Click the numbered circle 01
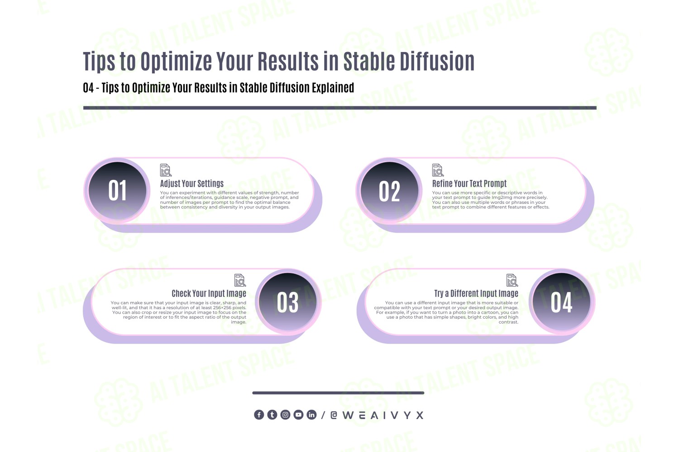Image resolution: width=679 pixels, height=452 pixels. pyautogui.click(x=117, y=191)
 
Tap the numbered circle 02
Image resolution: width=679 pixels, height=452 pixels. pyautogui.click(x=389, y=191)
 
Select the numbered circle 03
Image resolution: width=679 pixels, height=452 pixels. pyautogui.click(x=287, y=302)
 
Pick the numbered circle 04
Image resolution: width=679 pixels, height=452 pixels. pyautogui.click(x=561, y=302)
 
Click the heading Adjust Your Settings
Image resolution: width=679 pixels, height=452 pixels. pyautogui.click(x=191, y=184)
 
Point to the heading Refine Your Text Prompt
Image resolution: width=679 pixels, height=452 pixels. pyautogui.click(x=469, y=184)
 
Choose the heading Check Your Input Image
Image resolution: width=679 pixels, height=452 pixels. pyautogui.click(x=209, y=293)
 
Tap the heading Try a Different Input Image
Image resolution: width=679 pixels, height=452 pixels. pyautogui.click(x=476, y=293)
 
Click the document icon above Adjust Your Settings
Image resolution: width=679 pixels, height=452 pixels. pyautogui.click(x=166, y=170)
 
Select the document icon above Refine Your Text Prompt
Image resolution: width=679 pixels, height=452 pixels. pyautogui.click(x=438, y=170)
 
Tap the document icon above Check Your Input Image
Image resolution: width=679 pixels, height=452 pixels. pyautogui.click(x=240, y=280)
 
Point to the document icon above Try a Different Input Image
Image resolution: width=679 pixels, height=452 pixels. pyautogui.click(x=512, y=280)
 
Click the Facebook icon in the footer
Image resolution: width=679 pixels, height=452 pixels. pyautogui.click(x=259, y=415)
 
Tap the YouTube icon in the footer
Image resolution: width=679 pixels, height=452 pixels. pyautogui.click(x=298, y=415)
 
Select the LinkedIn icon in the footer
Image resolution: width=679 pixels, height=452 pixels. pyautogui.click(x=311, y=415)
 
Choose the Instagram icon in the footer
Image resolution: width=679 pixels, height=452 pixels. pyautogui.click(x=285, y=415)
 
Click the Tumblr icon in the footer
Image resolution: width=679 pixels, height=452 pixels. pyautogui.click(x=272, y=415)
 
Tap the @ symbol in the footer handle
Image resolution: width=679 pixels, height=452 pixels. pyautogui.click(x=334, y=415)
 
